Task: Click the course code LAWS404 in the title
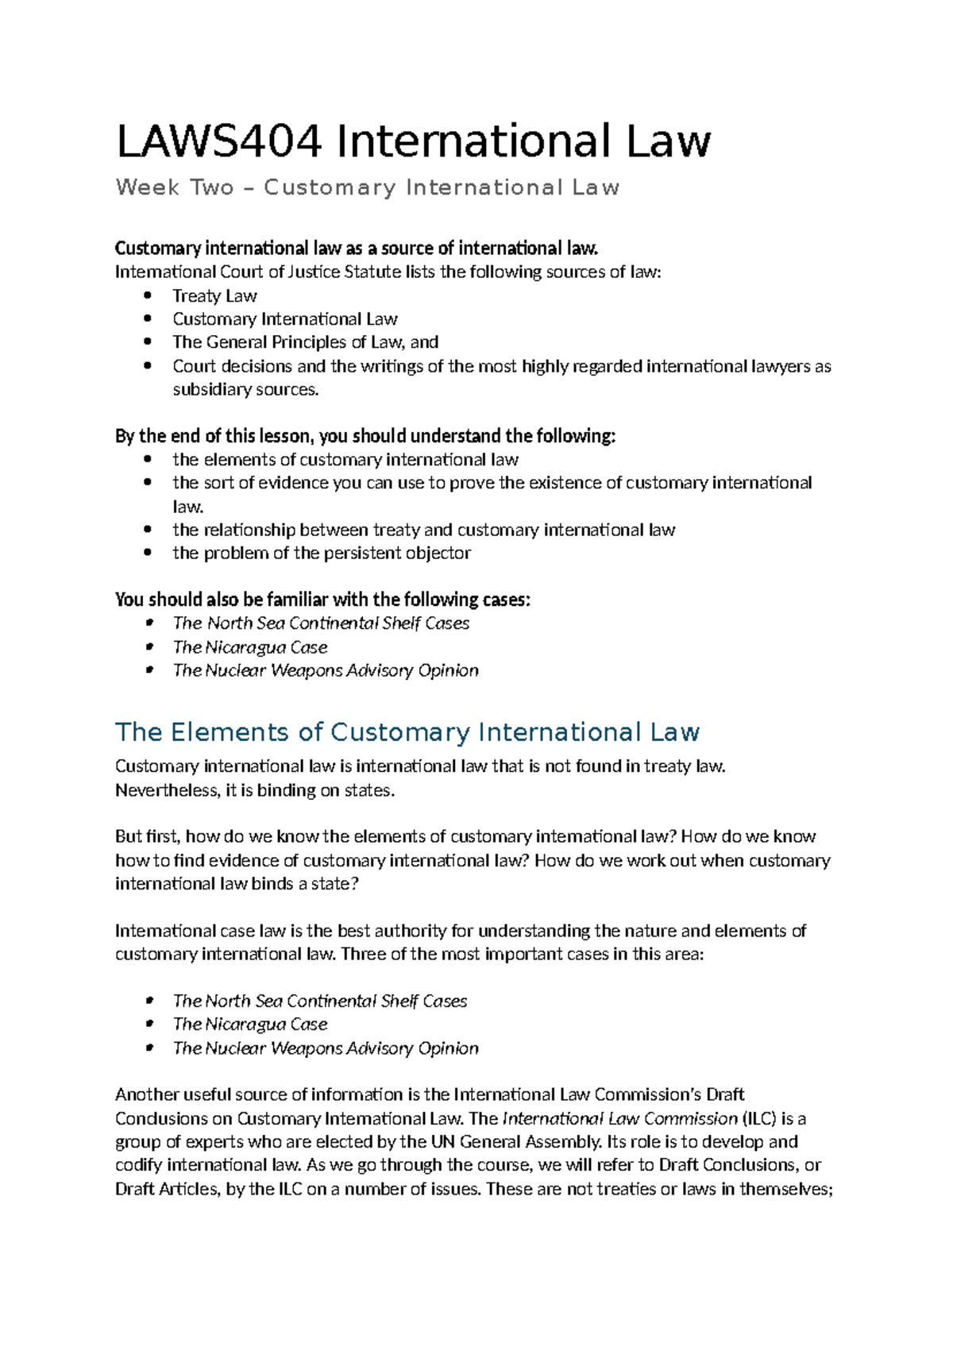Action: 219,141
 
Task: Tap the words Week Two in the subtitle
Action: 175,187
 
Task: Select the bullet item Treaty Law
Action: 214,296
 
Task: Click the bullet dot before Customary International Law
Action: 148,318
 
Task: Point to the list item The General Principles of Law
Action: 305,342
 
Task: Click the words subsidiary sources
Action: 245,389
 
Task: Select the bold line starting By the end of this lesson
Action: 365,436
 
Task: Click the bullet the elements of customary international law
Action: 345,460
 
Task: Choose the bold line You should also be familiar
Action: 322,600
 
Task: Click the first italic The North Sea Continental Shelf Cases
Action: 321,623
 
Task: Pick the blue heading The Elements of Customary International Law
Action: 407,732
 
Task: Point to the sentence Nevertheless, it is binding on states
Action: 254,790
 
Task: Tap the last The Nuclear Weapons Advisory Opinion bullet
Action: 326,1048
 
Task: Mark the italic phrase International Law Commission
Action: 620,1118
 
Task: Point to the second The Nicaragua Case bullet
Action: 249,1025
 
